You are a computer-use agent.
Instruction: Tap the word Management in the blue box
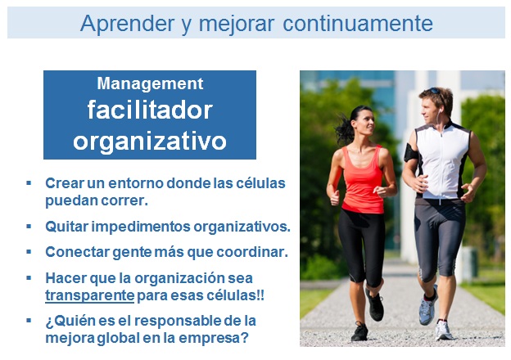click(x=150, y=83)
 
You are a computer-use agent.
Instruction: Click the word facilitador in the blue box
click(x=150, y=110)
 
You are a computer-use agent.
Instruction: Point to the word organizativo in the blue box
click(x=150, y=140)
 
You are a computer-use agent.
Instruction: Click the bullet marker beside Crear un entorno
click(x=29, y=182)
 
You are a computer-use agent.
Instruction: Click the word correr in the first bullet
click(x=129, y=199)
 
